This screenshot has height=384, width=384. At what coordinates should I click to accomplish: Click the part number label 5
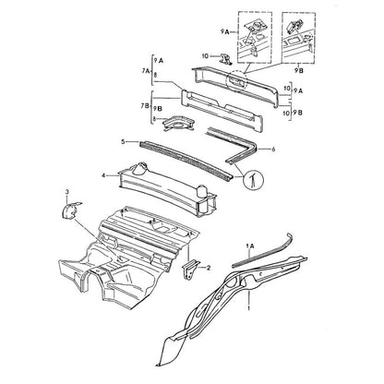point(123,142)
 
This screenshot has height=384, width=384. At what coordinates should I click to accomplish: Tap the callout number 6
point(273,150)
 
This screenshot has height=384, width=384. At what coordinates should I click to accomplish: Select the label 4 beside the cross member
point(103,175)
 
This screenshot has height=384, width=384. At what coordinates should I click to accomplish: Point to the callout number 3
point(67,192)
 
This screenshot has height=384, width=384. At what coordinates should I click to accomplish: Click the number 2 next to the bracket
point(209,268)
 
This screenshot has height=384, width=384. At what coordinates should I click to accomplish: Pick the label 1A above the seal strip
point(250,246)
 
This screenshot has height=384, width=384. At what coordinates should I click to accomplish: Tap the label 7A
point(146,71)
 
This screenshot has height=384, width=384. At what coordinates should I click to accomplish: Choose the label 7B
point(145,106)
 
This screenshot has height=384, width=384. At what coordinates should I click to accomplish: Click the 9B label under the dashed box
point(298,71)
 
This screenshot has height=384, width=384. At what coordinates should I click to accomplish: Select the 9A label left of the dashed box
point(225,31)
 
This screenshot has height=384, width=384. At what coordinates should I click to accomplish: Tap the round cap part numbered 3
point(69,210)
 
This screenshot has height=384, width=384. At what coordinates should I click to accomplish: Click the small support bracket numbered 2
point(190,269)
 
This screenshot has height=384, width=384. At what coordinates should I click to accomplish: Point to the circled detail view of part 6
point(254,179)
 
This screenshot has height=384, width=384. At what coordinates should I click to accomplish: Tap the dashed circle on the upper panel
point(236,81)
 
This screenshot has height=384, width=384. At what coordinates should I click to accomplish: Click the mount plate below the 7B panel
point(179,123)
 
